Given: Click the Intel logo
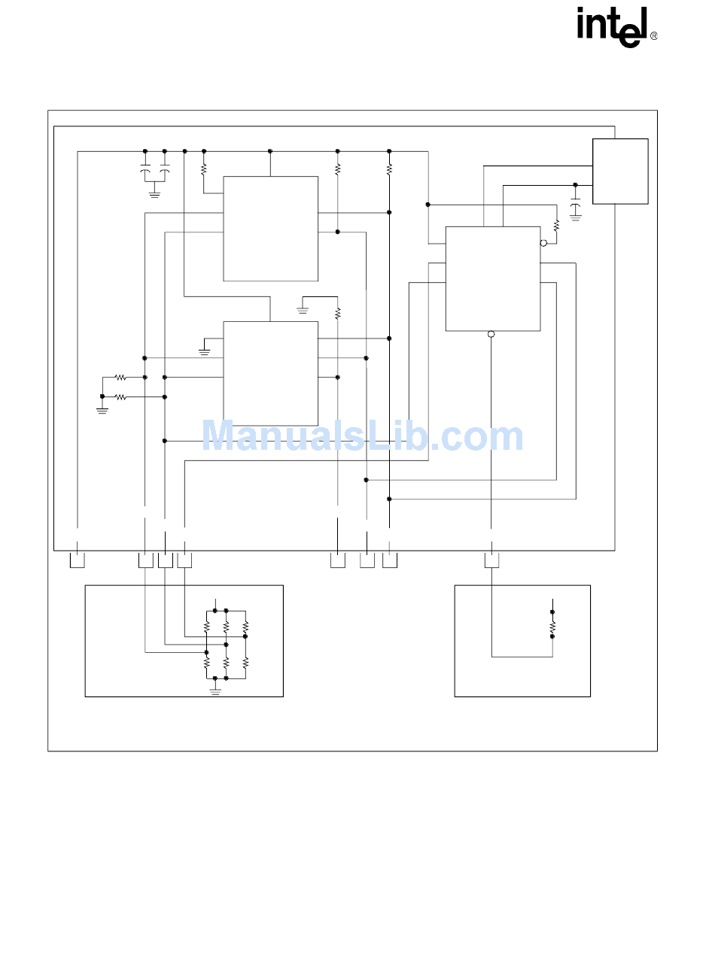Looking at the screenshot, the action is tap(612, 27).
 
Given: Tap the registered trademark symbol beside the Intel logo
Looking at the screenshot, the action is tap(653, 36).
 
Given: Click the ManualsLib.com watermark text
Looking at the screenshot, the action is tap(362, 437).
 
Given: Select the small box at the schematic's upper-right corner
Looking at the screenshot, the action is tap(620, 171).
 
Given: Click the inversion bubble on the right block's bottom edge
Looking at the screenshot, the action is tap(491, 334).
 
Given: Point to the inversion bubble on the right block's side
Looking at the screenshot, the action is tap(543, 243).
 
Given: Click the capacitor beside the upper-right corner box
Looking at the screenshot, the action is tap(576, 205).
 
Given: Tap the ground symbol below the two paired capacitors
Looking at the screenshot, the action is tap(155, 194).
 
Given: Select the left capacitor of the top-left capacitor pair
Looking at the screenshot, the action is tap(145, 171).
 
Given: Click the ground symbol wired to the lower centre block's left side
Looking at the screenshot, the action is tap(205, 351).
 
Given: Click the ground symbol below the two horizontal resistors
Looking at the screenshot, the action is tap(102, 410).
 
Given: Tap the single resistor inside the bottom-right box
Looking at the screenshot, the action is tap(552, 624).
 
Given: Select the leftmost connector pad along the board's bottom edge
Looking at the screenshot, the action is tap(77, 560).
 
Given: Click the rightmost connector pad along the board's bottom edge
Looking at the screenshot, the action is tap(491, 560).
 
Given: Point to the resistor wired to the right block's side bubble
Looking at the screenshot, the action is tap(556, 226).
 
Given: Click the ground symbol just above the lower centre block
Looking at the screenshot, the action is tap(303, 308).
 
